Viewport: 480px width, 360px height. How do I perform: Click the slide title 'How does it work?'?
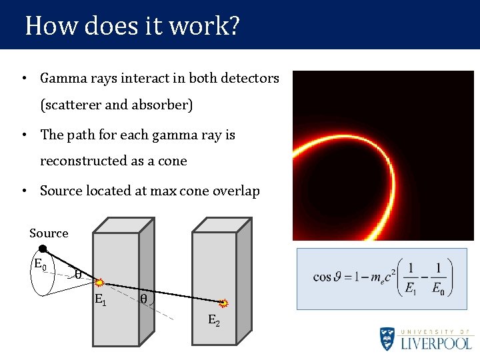[132, 26]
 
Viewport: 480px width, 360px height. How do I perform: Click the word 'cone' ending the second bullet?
[173, 161]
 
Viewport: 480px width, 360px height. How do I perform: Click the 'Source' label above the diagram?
[49, 233]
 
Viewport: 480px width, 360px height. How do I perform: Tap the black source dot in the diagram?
[42, 249]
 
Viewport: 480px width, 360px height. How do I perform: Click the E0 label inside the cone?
[40, 264]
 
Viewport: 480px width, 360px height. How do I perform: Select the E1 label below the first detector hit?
[100, 299]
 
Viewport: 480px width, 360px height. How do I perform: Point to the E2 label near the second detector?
[213, 320]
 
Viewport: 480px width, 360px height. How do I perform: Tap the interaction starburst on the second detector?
[223, 303]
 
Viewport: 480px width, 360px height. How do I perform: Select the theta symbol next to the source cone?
[78, 274]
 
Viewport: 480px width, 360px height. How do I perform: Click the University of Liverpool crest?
[388, 339]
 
